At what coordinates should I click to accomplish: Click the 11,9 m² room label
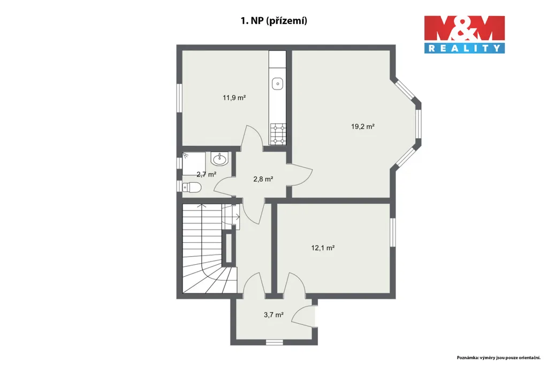[234, 98]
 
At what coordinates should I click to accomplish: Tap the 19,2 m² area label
[363, 126]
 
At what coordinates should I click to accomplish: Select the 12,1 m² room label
[323, 248]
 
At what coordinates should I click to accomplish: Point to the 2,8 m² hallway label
[263, 179]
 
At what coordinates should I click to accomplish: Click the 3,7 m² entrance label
[273, 315]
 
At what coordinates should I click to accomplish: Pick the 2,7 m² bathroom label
[206, 174]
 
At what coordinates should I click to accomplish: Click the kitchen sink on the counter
[278, 84]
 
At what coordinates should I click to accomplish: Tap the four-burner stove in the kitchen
[278, 134]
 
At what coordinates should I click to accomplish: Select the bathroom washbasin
[219, 159]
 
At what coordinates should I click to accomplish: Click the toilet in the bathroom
[192, 188]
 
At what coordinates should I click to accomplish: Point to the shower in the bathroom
[194, 163]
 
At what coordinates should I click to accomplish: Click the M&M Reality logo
[465, 34]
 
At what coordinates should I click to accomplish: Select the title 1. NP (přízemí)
[273, 21]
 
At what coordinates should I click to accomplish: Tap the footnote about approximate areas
[499, 357]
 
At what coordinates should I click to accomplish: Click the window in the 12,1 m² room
[393, 233]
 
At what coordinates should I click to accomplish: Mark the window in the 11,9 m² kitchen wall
[179, 98]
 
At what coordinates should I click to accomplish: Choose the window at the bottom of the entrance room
[275, 342]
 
